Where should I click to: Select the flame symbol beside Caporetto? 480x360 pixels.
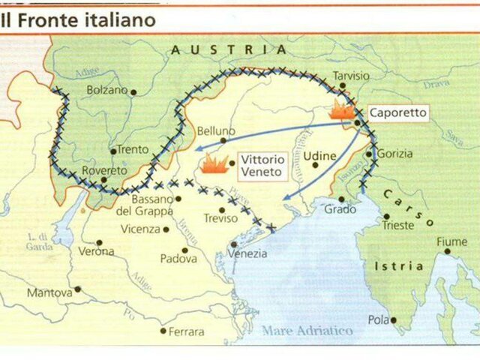(x=342, y=112)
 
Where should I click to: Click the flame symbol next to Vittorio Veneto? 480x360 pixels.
(x=214, y=163)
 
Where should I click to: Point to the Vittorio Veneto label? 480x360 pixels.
(x=261, y=165)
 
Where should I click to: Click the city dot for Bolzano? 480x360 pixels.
(x=133, y=91)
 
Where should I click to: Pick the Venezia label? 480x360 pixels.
(x=247, y=253)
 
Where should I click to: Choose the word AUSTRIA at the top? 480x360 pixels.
(x=228, y=49)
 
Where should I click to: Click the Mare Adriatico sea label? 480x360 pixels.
(x=307, y=330)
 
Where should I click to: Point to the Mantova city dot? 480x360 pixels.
(x=77, y=289)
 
